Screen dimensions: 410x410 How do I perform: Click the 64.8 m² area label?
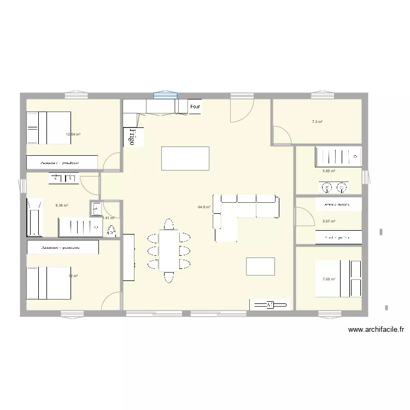pyautogui.click(x=204, y=207)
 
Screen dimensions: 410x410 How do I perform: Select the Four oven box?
pyautogui.click(x=195, y=107)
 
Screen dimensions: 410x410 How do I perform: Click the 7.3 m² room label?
pyautogui.click(x=317, y=122)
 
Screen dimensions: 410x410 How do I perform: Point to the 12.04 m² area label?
pyautogui.click(x=73, y=134)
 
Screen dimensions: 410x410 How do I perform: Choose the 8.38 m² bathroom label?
pyautogui.click(x=62, y=206)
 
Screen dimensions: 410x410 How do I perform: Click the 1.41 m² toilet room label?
pyautogui.click(x=108, y=218)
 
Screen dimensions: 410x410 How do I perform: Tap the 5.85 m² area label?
pyautogui.click(x=329, y=171)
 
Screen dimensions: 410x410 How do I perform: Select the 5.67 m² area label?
pyautogui.click(x=329, y=221)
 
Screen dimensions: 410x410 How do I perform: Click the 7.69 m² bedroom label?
pyautogui.click(x=329, y=279)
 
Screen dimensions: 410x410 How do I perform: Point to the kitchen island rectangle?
pyautogui.click(x=185, y=159)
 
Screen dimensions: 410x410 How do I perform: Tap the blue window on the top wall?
pyautogui.click(x=165, y=96)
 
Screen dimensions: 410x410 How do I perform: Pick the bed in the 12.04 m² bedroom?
pyautogui.click(x=49, y=128)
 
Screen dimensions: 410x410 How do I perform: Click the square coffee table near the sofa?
pyautogui.click(x=260, y=266)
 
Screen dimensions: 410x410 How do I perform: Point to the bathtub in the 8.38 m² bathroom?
pyautogui.click(x=34, y=217)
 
